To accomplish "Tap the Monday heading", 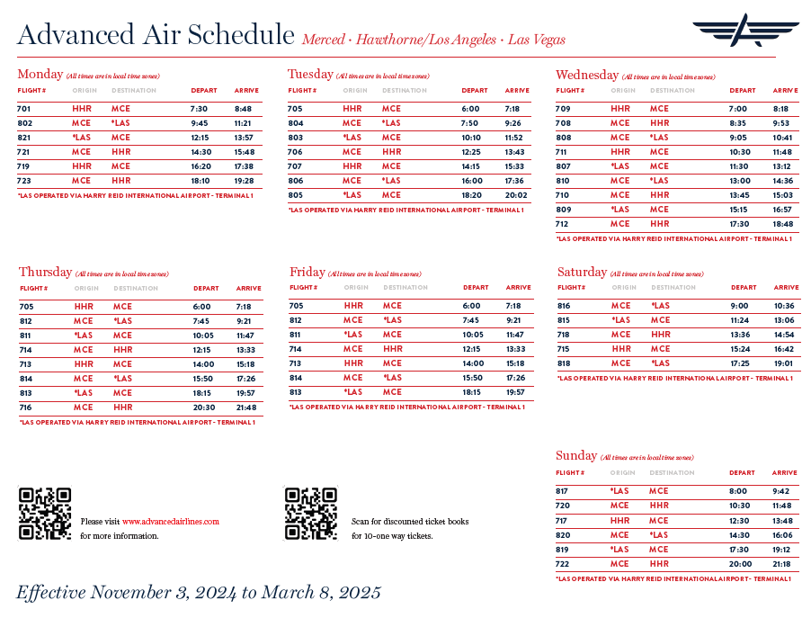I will click(40, 75).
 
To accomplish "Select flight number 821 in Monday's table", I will click(24, 138).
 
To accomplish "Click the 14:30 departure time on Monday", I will click(200, 152).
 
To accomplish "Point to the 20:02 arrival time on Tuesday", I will click(516, 195).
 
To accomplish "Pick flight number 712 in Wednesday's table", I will click(563, 224).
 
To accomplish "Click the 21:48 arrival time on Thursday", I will click(246, 408).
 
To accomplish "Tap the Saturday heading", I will click(582, 273).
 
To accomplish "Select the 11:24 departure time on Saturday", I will click(740, 320).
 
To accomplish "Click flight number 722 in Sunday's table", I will click(562, 564).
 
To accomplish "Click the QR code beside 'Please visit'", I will click(45, 514).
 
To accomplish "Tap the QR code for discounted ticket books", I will click(311, 514).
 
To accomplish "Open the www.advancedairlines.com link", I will click(171, 522).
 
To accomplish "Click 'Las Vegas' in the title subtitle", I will click(537, 40).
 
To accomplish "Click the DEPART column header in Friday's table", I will click(476, 288).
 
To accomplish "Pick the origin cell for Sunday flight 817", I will click(619, 491).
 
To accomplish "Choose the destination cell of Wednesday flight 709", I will click(659, 109).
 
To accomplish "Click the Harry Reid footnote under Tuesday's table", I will click(405, 210).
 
